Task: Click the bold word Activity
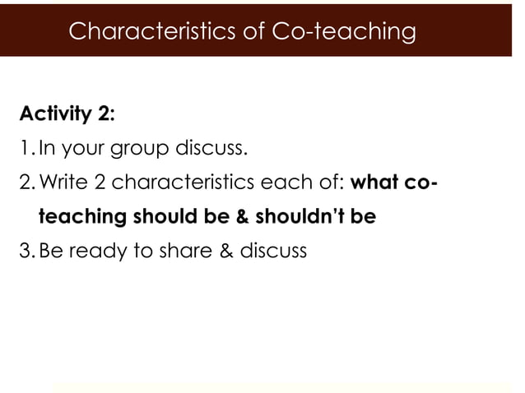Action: click(x=55, y=113)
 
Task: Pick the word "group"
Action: click(x=152, y=150)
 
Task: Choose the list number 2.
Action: click(x=26, y=183)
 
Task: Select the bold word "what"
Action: click(x=376, y=183)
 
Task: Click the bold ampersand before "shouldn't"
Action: click(x=240, y=217)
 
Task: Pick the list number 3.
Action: click(x=26, y=251)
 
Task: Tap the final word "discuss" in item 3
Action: click(x=273, y=251)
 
